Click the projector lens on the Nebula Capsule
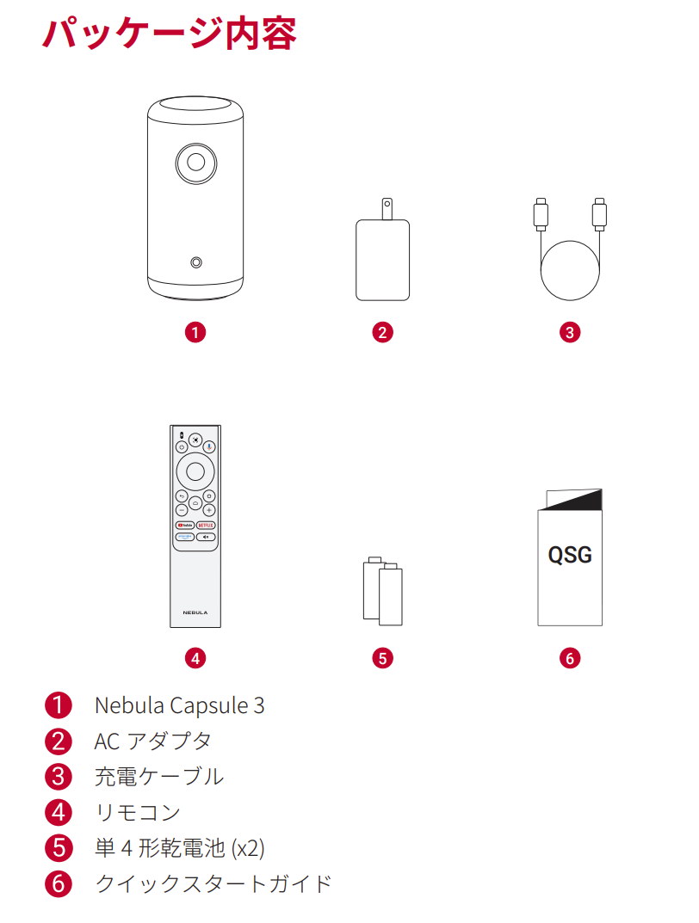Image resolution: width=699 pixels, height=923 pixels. [x=195, y=161]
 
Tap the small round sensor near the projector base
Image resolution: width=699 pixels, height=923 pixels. [x=196, y=262]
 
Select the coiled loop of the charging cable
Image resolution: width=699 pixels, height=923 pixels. [x=569, y=268]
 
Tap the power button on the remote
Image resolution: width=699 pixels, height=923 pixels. [x=182, y=447]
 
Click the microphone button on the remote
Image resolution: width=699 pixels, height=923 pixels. [x=209, y=447]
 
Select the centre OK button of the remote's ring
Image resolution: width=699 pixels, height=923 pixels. [x=195, y=471]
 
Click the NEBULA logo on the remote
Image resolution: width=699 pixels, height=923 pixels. [x=195, y=612]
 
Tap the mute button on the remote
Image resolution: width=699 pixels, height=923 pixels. [x=207, y=537]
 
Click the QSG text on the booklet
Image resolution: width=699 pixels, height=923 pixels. [x=570, y=555]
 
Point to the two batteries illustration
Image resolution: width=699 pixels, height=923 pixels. [x=382, y=592]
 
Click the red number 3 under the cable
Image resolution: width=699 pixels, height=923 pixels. [x=569, y=332]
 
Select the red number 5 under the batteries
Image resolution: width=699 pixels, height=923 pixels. [x=382, y=658]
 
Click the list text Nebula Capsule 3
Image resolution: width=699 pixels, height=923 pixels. [x=179, y=705]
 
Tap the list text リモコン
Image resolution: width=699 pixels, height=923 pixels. [x=138, y=811]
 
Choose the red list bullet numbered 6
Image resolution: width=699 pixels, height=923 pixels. [x=58, y=883]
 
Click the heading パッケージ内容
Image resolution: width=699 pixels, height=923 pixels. [x=170, y=34]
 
